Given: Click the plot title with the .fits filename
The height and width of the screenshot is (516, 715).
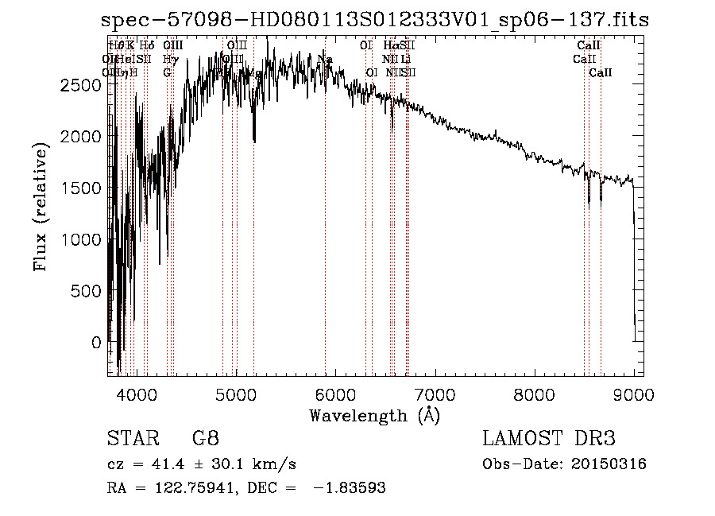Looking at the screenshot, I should tap(376, 21).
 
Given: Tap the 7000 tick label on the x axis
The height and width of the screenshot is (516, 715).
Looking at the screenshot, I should tap(435, 394).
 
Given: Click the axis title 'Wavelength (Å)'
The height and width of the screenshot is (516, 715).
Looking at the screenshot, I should tap(374, 415).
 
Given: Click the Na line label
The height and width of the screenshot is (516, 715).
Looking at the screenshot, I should tap(325, 60).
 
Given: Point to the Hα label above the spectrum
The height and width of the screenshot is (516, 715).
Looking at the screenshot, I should tap(390, 46).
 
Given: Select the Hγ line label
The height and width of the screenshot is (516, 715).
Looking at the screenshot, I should tap(168, 60).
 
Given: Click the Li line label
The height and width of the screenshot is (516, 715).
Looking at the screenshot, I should tap(405, 60).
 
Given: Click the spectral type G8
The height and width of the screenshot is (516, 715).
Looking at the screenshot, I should tap(206, 438).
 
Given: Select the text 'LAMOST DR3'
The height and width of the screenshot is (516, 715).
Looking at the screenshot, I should tap(549, 438).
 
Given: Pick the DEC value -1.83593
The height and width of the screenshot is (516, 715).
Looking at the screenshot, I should tap(350, 488).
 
